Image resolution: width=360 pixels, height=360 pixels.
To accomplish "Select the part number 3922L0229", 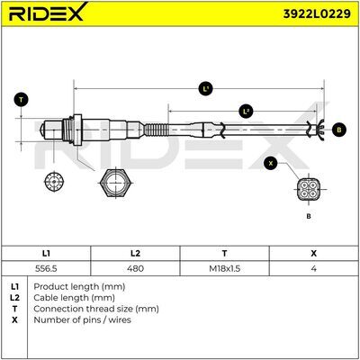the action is click(x=317, y=13).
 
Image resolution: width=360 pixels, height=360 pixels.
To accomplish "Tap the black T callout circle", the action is click(x=21, y=100).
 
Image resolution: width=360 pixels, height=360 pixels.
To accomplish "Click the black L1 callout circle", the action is click(x=205, y=89).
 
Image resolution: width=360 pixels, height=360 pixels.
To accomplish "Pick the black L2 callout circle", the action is click(x=246, y=112).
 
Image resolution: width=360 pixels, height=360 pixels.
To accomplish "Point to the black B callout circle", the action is click(x=339, y=130).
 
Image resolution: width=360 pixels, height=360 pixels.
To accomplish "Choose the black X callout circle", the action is click(x=271, y=163).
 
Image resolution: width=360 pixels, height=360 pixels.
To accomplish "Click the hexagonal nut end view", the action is click(x=115, y=183).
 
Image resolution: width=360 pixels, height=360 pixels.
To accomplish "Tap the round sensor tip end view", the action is click(x=54, y=182).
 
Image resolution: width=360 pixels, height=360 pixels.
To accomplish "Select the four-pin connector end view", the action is click(x=309, y=190).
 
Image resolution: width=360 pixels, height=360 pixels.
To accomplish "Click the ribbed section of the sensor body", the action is click(x=157, y=130).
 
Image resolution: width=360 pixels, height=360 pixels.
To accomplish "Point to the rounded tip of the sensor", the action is click(x=43, y=130).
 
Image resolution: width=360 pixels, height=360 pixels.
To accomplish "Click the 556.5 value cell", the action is click(x=46, y=268).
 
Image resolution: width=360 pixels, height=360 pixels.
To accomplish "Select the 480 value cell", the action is click(x=135, y=268).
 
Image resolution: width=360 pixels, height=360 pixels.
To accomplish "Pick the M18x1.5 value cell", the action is click(x=224, y=268).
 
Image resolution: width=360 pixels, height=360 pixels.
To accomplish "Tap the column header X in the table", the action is click(x=313, y=254).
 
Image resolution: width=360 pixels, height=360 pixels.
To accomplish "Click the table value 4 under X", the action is click(x=313, y=268).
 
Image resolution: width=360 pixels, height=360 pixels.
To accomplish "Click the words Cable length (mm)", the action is click(x=74, y=298).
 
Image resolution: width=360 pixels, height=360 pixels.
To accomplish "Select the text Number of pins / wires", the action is click(x=82, y=319).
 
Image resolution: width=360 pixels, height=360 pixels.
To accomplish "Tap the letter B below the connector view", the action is click(x=309, y=216).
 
